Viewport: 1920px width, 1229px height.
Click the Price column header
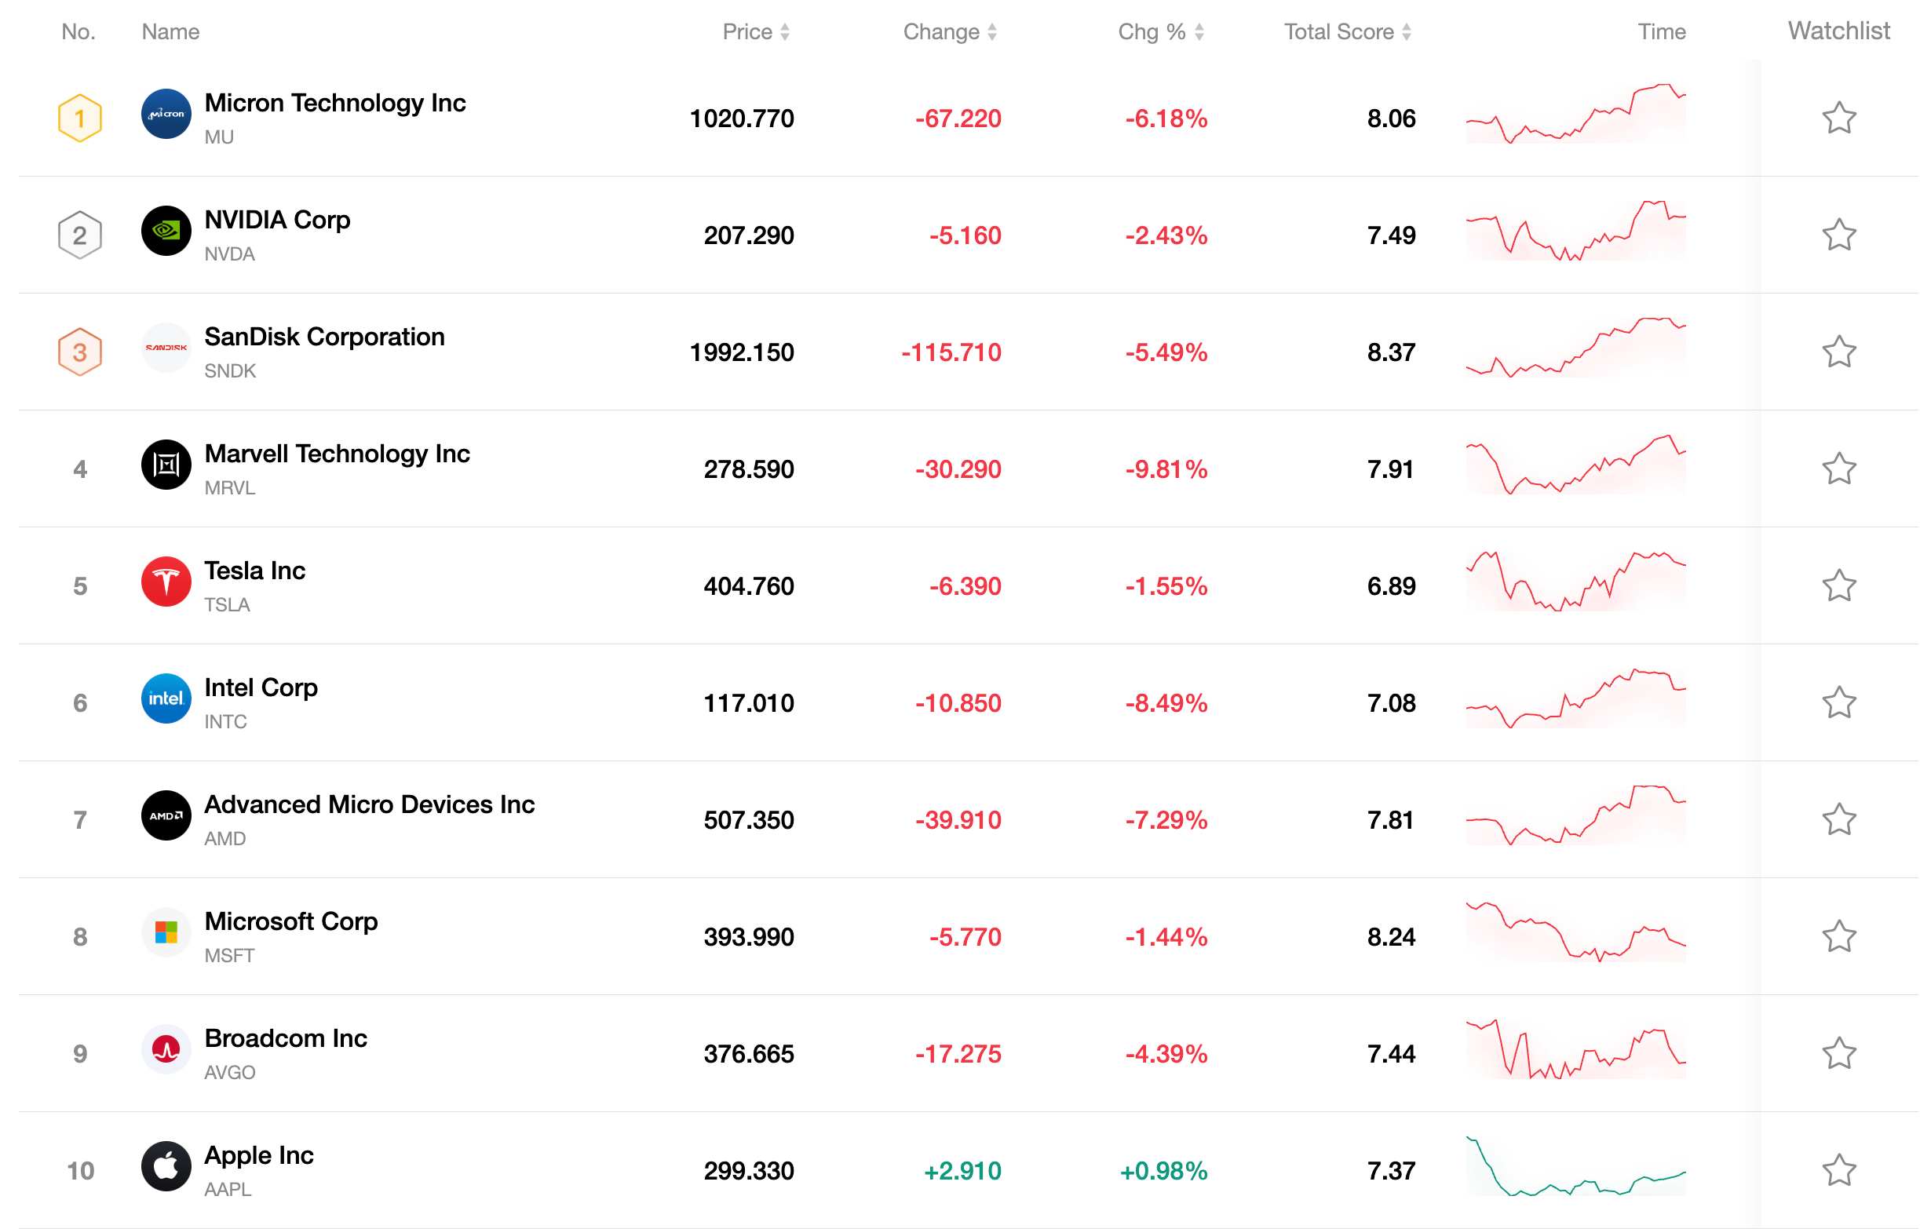pyautogui.click(x=755, y=32)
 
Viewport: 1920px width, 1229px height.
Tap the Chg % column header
pyautogui.click(x=1160, y=32)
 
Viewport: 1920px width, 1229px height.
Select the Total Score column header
pyautogui.click(x=1347, y=32)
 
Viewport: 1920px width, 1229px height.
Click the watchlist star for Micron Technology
pyautogui.click(x=1838, y=118)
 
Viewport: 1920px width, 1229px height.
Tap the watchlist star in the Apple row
pyautogui.click(x=1838, y=1170)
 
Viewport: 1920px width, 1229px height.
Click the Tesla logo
pyautogui.click(x=166, y=581)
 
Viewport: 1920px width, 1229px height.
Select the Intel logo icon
pyautogui.click(x=166, y=698)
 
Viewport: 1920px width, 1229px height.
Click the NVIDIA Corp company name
pyautogui.click(x=277, y=220)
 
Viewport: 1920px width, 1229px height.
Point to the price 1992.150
pyautogui.click(x=741, y=352)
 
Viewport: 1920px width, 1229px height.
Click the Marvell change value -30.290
pyautogui.click(x=958, y=469)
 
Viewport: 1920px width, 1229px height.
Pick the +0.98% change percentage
pyautogui.click(x=1163, y=1171)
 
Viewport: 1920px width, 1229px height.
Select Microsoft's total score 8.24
pyautogui.click(x=1391, y=937)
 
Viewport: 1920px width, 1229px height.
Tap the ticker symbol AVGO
pyautogui.click(x=230, y=1073)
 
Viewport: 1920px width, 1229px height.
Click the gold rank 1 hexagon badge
pyautogui.click(x=80, y=118)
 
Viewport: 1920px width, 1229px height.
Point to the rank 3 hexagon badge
pyautogui.click(x=80, y=352)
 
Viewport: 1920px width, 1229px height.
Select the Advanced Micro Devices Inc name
pyautogui.click(x=370, y=804)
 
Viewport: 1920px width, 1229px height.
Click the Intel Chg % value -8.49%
pyautogui.click(x=1166, y=703)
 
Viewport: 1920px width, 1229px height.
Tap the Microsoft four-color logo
pyautogui.click(x=166, y=932)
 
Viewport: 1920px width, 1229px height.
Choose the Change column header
pyautogui.click(x=950, y=32)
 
